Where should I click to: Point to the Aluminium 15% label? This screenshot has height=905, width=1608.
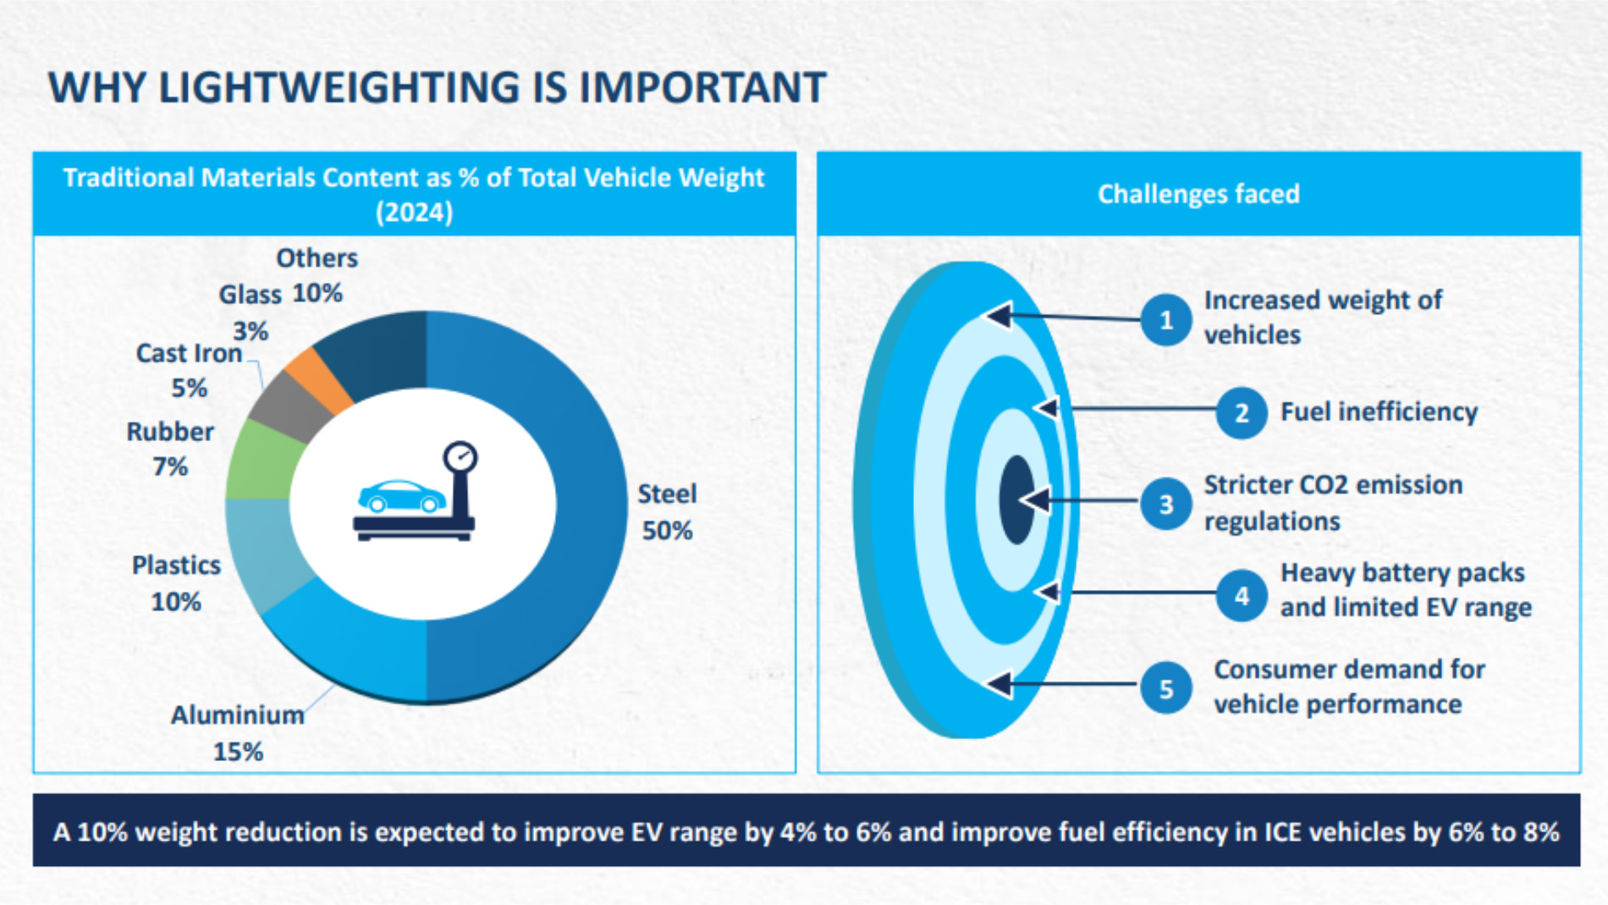(237, 733)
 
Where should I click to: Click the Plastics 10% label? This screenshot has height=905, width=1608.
(176, 583)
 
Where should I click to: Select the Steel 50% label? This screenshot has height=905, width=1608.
(667, 512)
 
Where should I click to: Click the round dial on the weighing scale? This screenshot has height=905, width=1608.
(461, 457)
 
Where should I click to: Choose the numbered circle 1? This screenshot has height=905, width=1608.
(1165, 320)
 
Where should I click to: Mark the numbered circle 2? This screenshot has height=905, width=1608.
(1241, 413)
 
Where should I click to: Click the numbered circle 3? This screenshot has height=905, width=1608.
(1165, 504)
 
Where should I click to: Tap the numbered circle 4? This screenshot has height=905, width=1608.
(1241, 596)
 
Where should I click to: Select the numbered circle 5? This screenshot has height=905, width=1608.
(1165, 688)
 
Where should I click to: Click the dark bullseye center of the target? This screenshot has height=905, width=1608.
(1016, 499)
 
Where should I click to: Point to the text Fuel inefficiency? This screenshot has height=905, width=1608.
(1379, 412)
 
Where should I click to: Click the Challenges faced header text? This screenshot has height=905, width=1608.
(1198, 194)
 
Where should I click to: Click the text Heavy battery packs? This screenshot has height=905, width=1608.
(1402, 573)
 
